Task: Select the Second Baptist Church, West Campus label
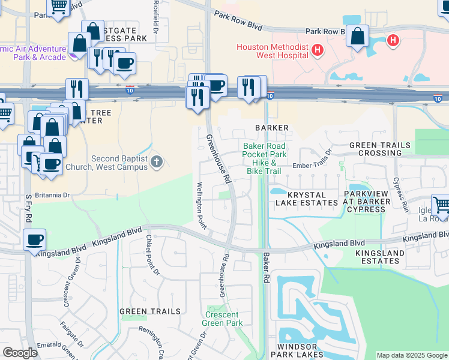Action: (119, 163)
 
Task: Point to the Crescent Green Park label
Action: (224, 319)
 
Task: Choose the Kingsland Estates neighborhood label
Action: (380, 257)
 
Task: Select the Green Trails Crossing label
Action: (380, 149)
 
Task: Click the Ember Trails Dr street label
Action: (312, 164)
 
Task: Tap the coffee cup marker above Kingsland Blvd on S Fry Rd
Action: (34, 240)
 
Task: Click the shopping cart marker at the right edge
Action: (441, 205)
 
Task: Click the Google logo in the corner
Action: (20, 353)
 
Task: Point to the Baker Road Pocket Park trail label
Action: (264, 158)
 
